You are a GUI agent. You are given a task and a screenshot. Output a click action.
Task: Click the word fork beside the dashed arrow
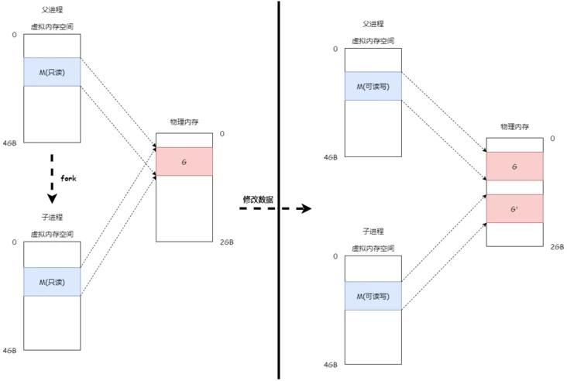pyautogui.click(x=68, y=178)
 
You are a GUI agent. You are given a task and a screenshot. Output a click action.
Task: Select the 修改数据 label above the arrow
pyautogui.click(x=257, y=199)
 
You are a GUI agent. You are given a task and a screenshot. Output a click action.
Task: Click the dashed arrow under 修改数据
pyautogui.click(x=275, y=209)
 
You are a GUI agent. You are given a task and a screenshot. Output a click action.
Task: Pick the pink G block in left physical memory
pyautogui.click(x=184, y=161)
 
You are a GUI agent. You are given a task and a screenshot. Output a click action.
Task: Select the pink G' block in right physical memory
pyautogui.click(x=514, y=208)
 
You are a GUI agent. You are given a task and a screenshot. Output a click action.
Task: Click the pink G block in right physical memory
pyautogui.click(x=514, y=166)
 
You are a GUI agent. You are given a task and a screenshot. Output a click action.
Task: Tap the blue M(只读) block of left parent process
pyautogui.click(x=53, y=71)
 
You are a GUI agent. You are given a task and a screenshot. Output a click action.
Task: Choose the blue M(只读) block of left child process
pyautogui.click(x=53, y=281)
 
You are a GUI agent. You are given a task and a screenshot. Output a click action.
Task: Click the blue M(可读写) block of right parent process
pyautogui.click(x=373, y=87)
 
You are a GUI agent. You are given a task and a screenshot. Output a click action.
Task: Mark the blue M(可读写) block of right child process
pyautogui.click(x=373, y=296)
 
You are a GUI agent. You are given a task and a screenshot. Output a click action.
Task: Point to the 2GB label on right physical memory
pyautogui.click(x=557, y=246)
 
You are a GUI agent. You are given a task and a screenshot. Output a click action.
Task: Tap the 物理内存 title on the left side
pyautogui.click(x=184, y=122)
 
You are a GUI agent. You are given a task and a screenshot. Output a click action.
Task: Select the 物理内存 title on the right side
pyautogui.click(x=514, y=126)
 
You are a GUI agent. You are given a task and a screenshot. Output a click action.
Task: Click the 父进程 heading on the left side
pyautogui.click(x=53, y=11)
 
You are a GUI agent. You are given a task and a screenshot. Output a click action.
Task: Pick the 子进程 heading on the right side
pyautogui.click(x=373, y=232)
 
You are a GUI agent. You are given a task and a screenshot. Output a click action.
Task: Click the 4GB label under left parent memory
pyautogui.click(x=9, y=141)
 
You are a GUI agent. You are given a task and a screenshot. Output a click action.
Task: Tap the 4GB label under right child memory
pyautogui.click(x=331, y=364)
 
